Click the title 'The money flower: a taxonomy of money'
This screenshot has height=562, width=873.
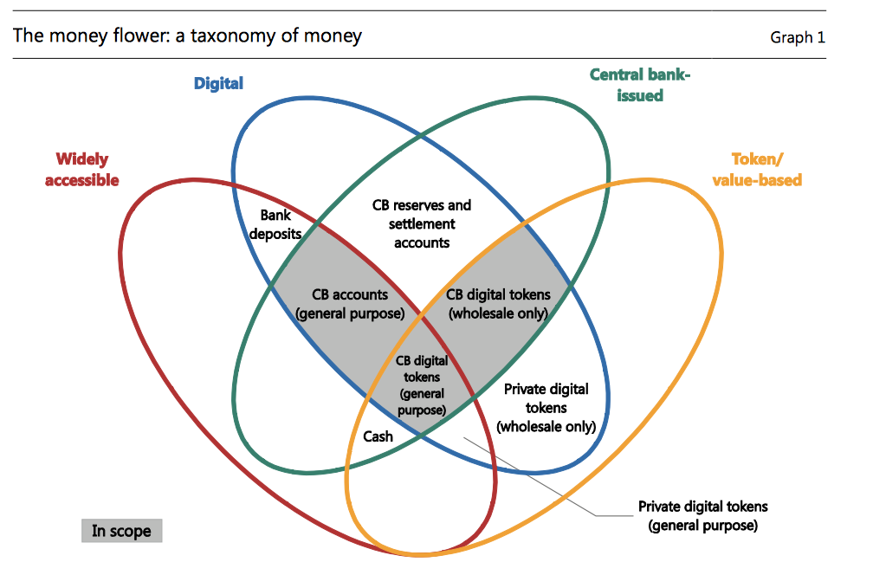pyautogui.click(x=187, y=36)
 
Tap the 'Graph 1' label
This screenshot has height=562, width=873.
pyautogui.click(x=797, y=37)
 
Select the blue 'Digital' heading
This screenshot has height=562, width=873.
pyautogui.click(x=218, y=83)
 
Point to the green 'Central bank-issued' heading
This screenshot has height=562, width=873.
pyautogui.click(x=640, y=85)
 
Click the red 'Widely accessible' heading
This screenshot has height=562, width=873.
pyautogui.click(x=82, y=169)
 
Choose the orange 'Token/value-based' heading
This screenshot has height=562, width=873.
pyautogui.click(x=756, y=169)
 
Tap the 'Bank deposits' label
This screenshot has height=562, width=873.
pyautogui.click(x=275, y=224)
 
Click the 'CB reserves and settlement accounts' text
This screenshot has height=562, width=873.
pyautogui.click(x=422, y=223)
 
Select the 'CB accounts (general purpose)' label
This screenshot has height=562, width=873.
pyautogui.click(x=350, y=304)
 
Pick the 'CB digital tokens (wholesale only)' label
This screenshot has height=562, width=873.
pyautogui.click(x=498, y=304)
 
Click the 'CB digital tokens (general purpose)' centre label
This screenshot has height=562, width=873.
pyautogui.click(x=422, y=384)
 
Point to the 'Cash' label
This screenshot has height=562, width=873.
pyautogui.click(x=378, y=436)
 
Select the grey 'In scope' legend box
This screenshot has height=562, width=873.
pyautogui.click(x=121, y=531)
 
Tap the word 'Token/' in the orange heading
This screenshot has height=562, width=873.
pyautogui.click(x=757, y=159)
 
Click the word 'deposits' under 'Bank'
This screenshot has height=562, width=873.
pyautogui.click(x=275, y=233)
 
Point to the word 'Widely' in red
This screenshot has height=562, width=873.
pyautogui.click(x=82, y=159)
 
